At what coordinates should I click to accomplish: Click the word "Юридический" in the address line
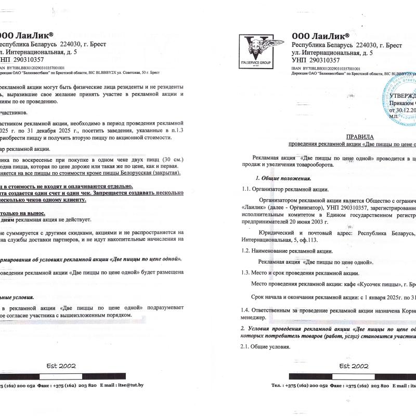[x=276, y=233]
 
